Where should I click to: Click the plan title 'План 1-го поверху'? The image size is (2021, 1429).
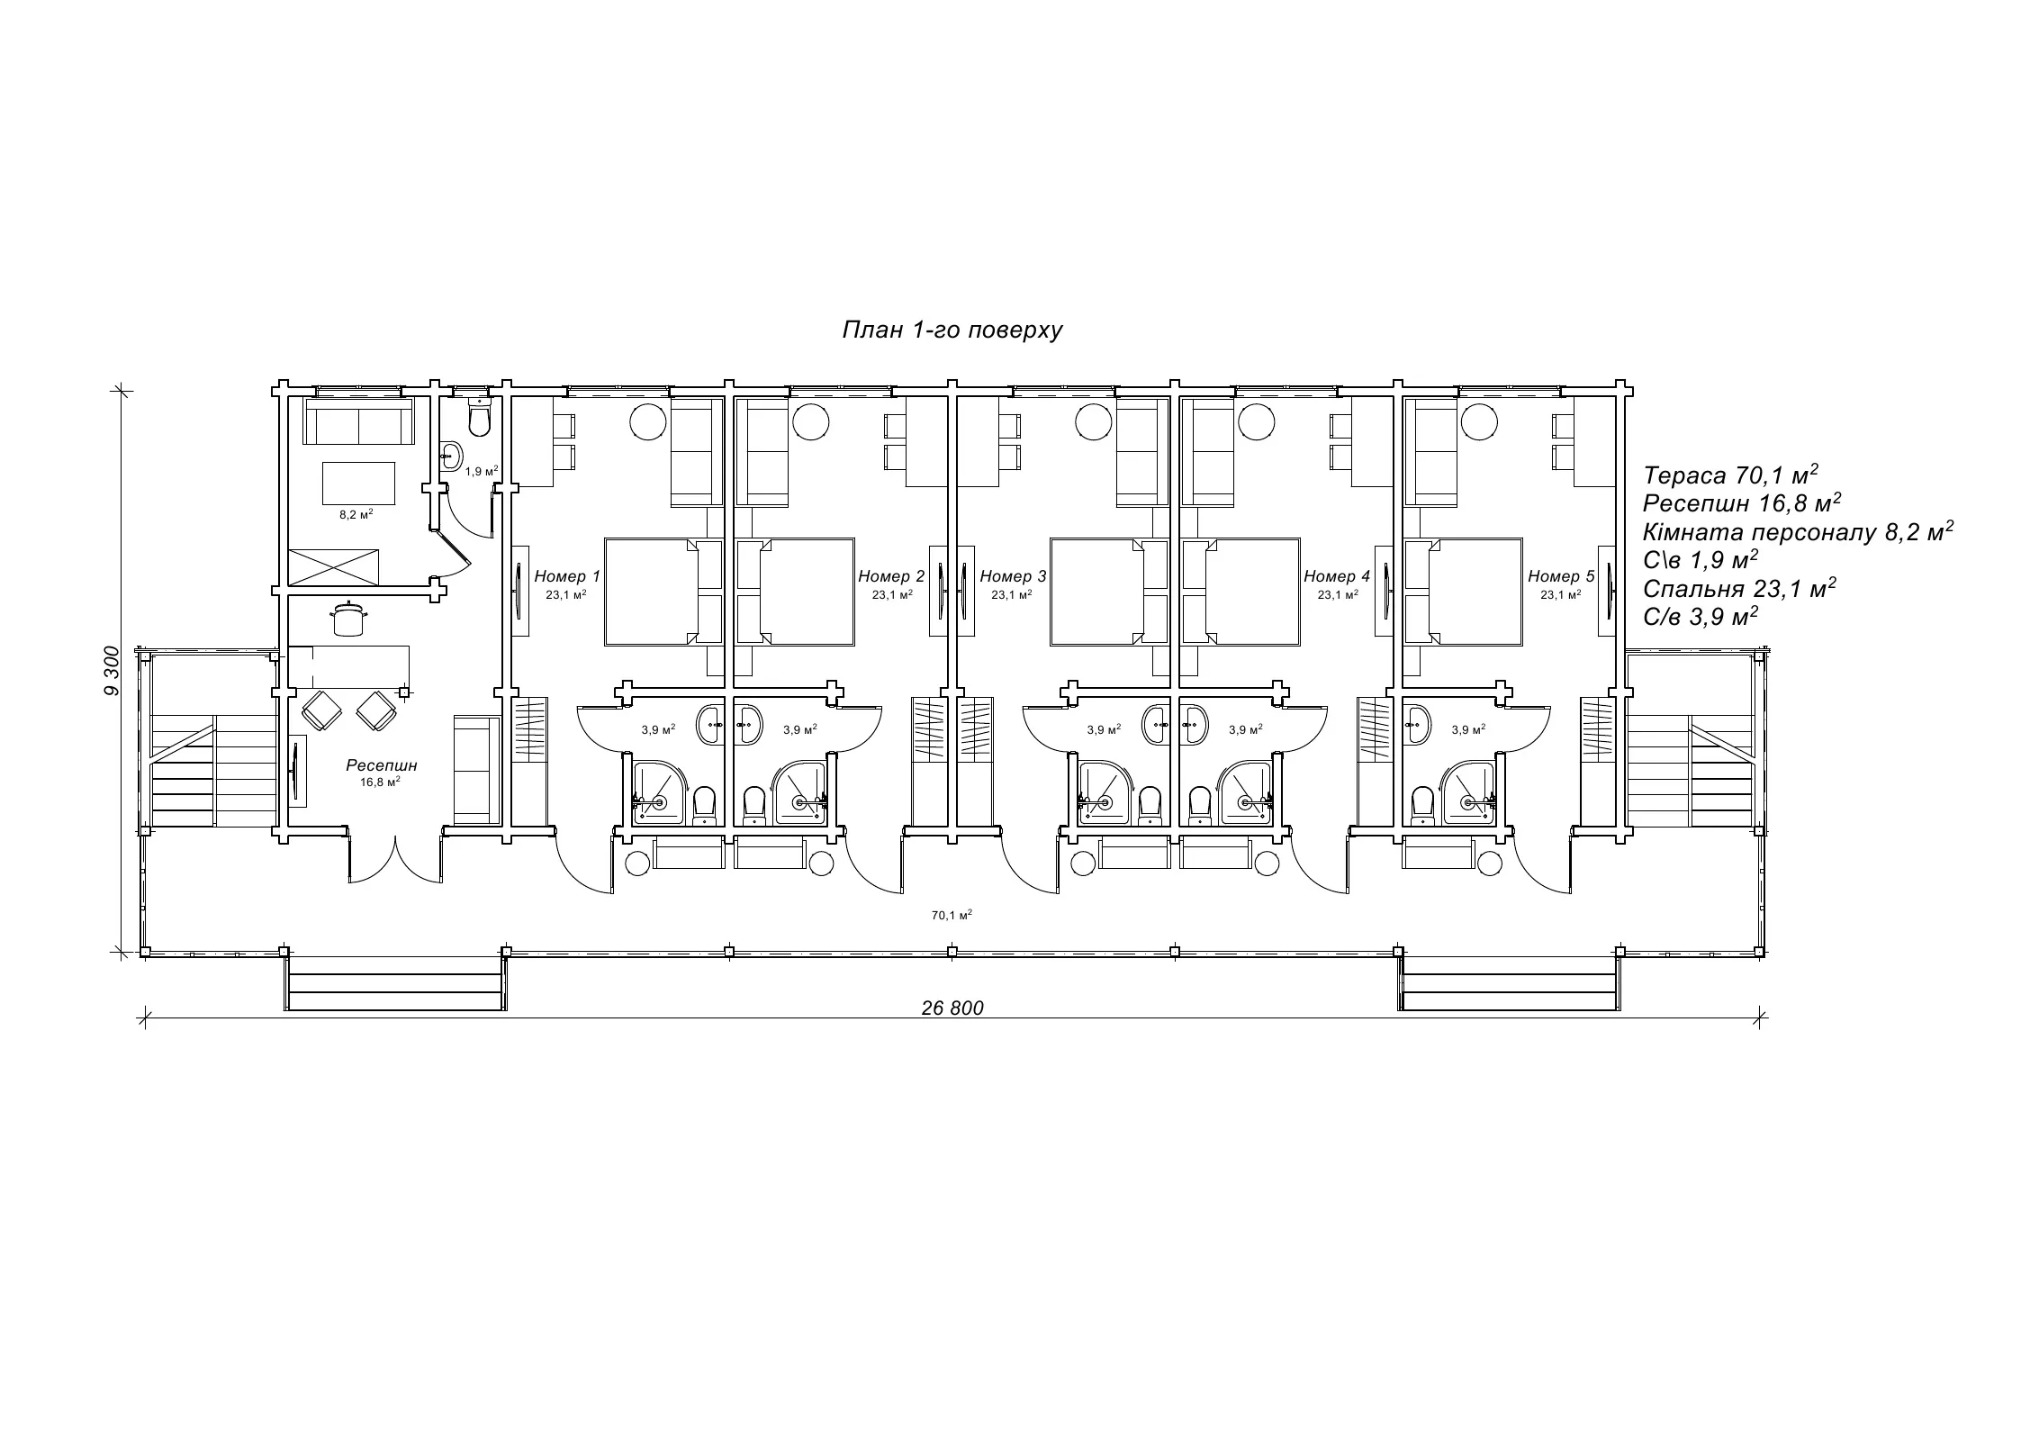(x=952, y=330)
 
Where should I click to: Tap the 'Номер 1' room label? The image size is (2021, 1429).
(x=567, y=576)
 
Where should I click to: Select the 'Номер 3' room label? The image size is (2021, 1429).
(x=1013, y=576)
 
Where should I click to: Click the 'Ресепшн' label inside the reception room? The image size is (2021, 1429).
(x=382, y=765)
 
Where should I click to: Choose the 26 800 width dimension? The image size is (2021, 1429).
(x=952, y=1008)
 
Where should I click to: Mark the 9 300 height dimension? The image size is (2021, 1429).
(x=112, y=671)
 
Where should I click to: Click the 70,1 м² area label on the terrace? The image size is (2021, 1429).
(x=952, y=915)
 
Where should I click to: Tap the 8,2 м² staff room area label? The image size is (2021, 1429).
(x=356, y=515)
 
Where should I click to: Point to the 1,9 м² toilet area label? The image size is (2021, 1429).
(x=482, y=471)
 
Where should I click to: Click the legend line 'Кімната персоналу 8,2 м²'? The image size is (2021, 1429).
(x=1798, y=531)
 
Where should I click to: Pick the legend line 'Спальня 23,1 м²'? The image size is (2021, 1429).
(x=1739, y=588)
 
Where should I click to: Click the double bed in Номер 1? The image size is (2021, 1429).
(x=651, y=592)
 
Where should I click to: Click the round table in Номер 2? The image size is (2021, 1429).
(x=810, y=421)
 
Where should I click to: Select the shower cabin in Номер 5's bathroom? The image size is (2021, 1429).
(x=1470, y=792)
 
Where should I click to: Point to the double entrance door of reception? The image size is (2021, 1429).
(x=395, y=860)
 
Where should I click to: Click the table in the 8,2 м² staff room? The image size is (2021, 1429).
(x=358, y=484)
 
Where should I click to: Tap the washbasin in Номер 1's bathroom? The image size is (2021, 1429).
(x=709, y=725)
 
